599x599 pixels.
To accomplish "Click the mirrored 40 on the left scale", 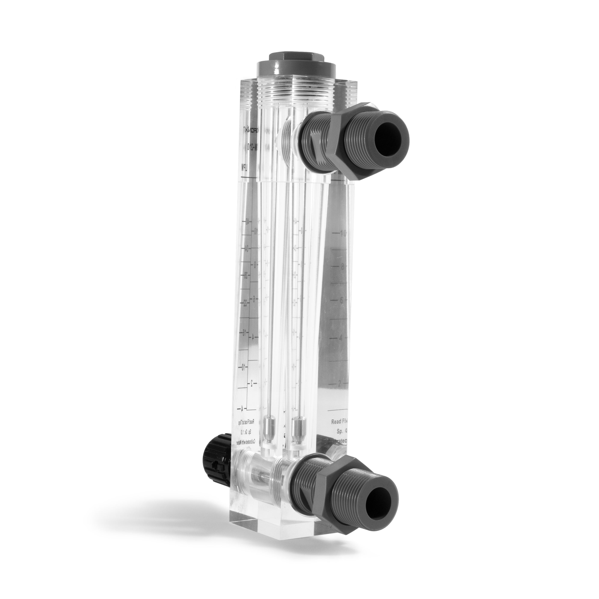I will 247,222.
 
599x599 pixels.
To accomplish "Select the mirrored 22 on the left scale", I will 245,304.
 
